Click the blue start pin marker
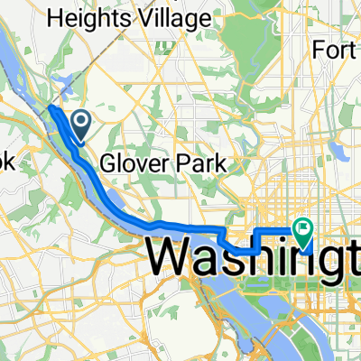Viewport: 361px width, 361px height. point(79,122)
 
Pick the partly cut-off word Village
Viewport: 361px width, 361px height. point(180,16)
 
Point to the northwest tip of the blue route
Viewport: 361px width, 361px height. point(50,108)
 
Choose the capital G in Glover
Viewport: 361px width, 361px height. point(108,164)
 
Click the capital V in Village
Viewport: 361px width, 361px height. point(156,16)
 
